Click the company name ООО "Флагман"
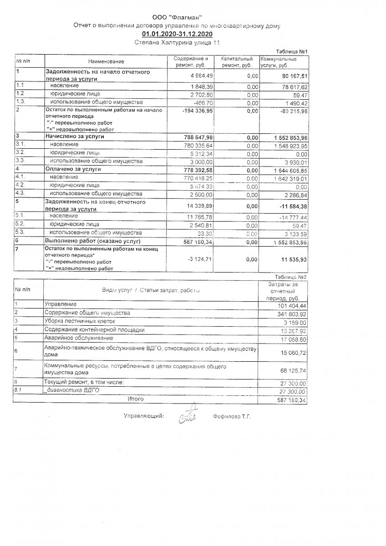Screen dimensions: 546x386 click(x=177, y=17)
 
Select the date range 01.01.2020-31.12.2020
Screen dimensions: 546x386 click(x=177, y=34)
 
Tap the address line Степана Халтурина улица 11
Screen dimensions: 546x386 click(x=177, y=42)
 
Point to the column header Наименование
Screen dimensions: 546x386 click(x=106, y=61)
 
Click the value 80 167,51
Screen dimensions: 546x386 click(x=295, y=76)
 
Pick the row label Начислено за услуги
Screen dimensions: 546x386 click(x=75, y=136)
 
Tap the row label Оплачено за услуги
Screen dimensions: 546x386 click(x=73, y=169)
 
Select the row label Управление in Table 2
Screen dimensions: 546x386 click(x=60, y=303)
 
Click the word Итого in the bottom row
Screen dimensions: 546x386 click(x=136, y=399)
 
